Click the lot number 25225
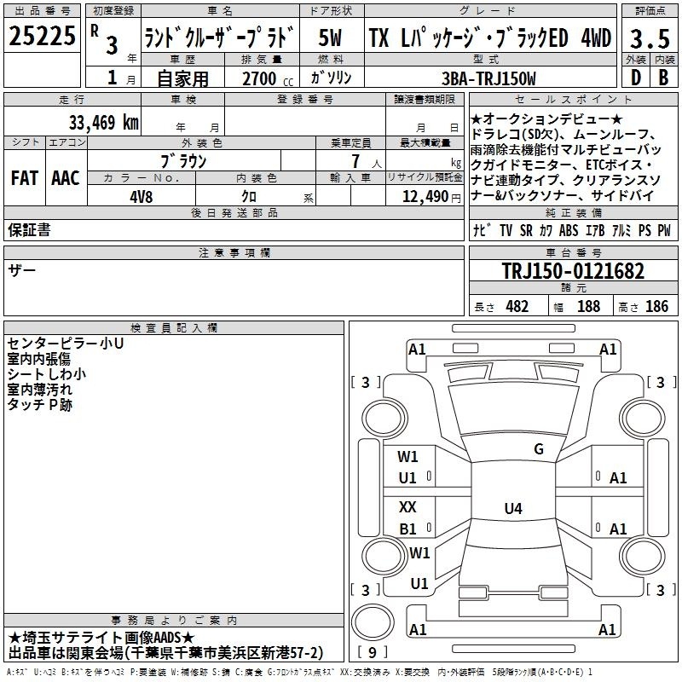pyautogui.click(x=42, y=36)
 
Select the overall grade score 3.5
pyautogui.click(x=650, y=39)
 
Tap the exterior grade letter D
pyautogui.click(x=636, y=78)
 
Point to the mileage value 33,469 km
pyautogui.click(x=103, y=122)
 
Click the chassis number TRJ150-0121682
pyautogui.click(x=573, y=271)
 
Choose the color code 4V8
pyautogui.click(x=142, y=197)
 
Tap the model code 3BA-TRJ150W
pyautogui.click(x=488, y=78)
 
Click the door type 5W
pyautogui.click(x=330, y=38)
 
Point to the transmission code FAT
pyautogui.click(x=25, y=178)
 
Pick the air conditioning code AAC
pyautogui.click(x=66, y=178)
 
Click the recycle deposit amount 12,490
pyautogui.click(x=425, y=197)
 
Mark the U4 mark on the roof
pyautogui.click(x=513, y=508)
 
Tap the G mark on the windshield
pyautogui.click(x=539, y=449)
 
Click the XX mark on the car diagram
pyautogui.click(x=407, y=506)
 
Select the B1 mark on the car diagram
pyautogui.click(x=407, y=529)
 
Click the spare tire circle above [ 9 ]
pyautogui.click(x=373, y=622)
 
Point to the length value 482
pyautogui.click(x=517, y=306)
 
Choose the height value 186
pyautogui.click(x=656, y=306)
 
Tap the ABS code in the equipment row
pyautogui.click(x=569, y=230)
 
